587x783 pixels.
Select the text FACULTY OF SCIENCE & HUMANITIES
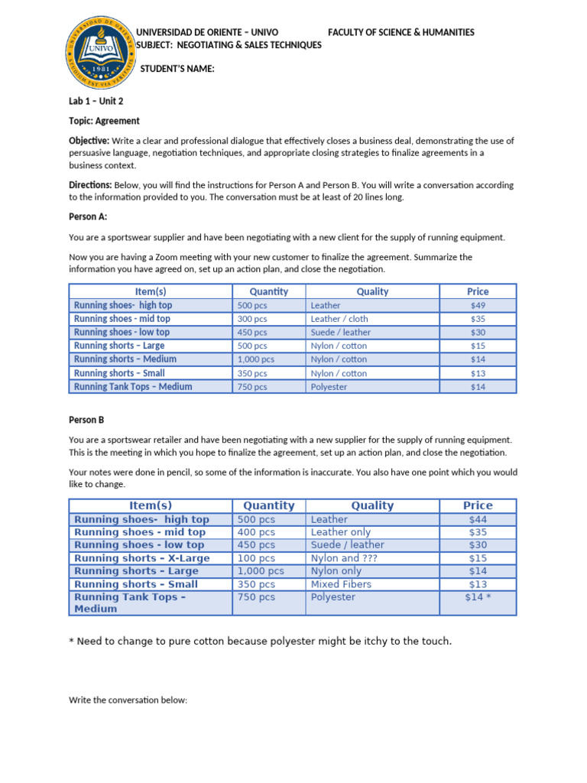[x=401, y=32]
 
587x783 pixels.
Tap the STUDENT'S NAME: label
[x=177, y=70]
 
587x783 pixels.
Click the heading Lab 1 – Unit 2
[x=96, y=101]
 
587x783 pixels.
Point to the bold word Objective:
[x=89, y=141]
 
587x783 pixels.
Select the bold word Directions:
[x=90, y=185]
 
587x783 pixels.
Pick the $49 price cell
[x=478, y=305]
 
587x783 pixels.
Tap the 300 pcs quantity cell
[x=252, y=319]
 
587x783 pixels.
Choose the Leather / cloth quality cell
[x=339, y=319]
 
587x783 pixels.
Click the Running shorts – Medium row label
[x=125, y=359]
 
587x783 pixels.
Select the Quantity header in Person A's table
[x=269, y=291]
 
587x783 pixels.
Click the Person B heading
[x=86, y=420]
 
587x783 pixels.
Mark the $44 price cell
[x=478, y=519]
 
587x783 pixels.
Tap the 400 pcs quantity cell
[x=256, y=532]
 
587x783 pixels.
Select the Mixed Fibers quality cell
[x=341, y=584]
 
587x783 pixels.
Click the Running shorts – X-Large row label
[x=141, y=558]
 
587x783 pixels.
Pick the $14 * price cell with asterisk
[x=478, y=597]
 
